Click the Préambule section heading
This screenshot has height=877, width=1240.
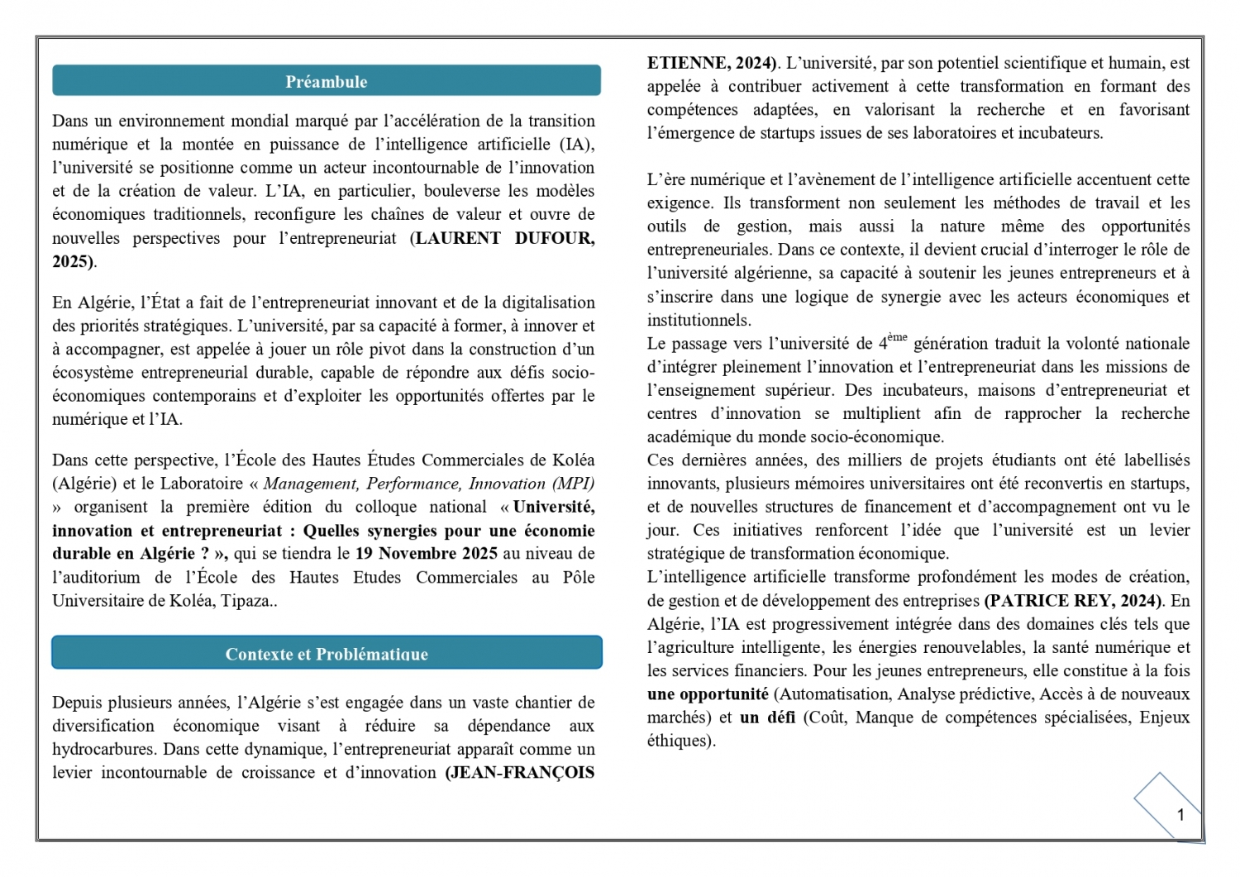pos(326,82)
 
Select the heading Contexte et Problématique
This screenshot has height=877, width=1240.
pos(326,654)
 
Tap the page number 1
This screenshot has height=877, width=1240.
pos(1180,815)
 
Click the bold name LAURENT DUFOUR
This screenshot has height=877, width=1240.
pos(504,238)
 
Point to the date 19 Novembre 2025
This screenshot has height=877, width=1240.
pos(426,554)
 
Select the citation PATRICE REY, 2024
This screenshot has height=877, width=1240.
pos(1073,601)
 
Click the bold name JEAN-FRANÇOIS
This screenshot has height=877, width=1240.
pos(521,773)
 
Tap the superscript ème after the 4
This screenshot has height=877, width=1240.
pos(897,337)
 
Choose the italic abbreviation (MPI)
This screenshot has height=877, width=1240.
pos(573,484)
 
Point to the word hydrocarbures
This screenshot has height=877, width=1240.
pos(104,750)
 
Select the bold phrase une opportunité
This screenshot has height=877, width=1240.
pos(707,694)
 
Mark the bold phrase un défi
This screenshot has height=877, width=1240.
pos(767,717)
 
